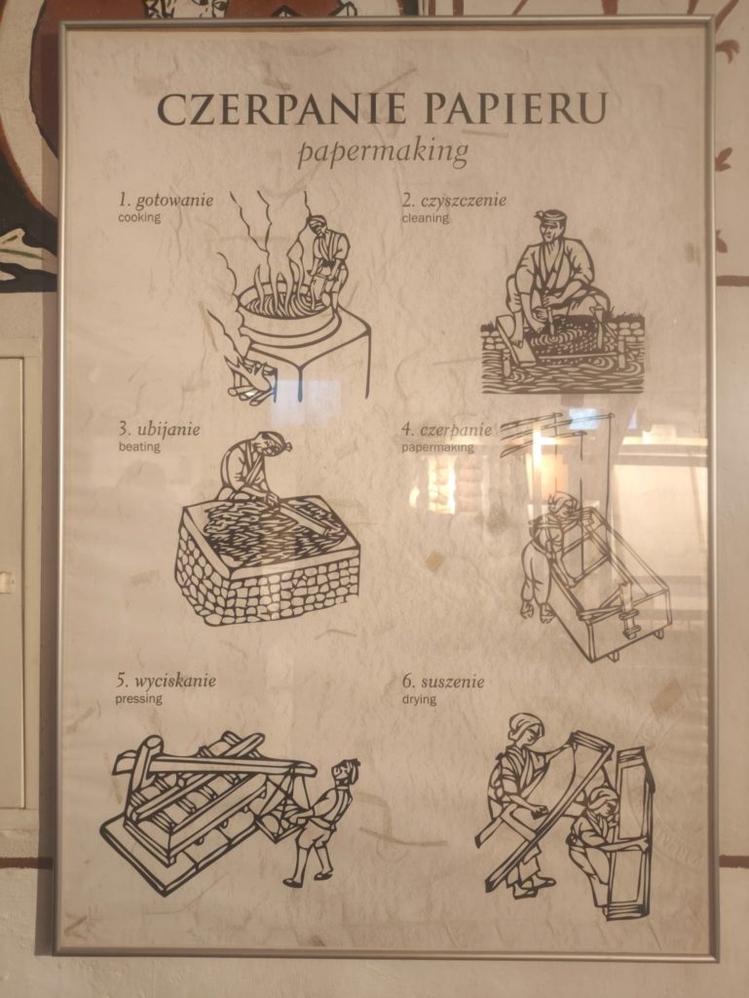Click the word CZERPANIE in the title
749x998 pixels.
281,109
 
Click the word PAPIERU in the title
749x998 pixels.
515,108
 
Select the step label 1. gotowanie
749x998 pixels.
166,201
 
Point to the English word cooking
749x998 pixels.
139,217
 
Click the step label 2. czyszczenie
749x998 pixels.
454,201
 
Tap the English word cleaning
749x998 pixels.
425,217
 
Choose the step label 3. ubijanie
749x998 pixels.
159,430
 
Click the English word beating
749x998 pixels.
139,446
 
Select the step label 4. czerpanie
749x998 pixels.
446,430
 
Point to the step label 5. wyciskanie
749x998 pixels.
166,681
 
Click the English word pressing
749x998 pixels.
138,699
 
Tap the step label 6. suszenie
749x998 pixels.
442,682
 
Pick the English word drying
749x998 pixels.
419,700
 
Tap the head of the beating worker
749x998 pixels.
271,445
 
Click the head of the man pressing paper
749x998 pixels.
345,773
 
